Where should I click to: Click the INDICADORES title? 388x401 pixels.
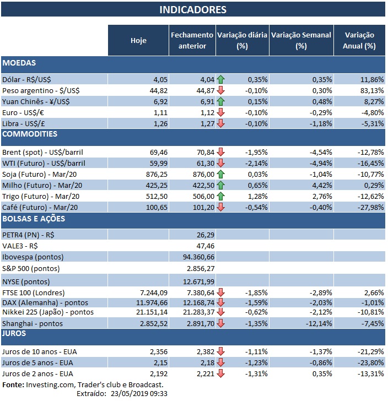pyautogui.click(x=192, y=10)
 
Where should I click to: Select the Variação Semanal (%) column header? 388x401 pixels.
pyautogui.click(x=301, y=40)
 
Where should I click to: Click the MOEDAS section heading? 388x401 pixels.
pyautogui.click(x=19, y=63)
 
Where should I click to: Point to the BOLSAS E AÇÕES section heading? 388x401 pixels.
pyautogui.click(x=34, y=219)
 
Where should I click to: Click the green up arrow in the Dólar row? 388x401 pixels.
pyautogui.click(x=221, y=79)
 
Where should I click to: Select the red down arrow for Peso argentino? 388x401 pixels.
pyautogui.click(x=221, y=90)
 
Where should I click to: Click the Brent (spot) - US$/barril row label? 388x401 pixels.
pyautogui.click(x=43, y=151)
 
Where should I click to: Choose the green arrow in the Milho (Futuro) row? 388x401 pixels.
pyautogui.click(x=221, y=185)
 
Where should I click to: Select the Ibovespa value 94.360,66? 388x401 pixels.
pyautogui.click(x=192, y=257)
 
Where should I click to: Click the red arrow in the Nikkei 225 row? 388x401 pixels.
pyautogui.click(x=221, y=313)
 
